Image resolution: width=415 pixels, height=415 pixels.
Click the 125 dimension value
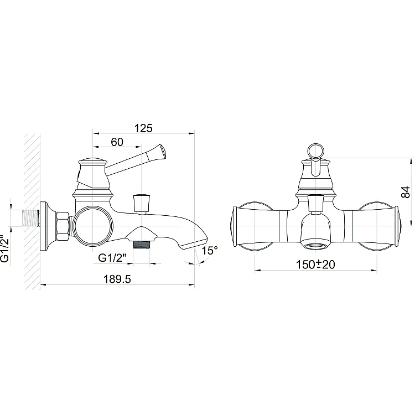[x=143, y=128]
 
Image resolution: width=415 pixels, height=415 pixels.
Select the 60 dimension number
[x=117, y=142]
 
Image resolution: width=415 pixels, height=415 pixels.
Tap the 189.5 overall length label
[x=117, y=279]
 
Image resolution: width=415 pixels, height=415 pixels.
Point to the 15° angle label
[x=210, y=250]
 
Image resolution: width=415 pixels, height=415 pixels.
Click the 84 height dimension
[x=406, y=192]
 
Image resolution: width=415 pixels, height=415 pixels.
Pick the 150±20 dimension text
[x=315, y=264]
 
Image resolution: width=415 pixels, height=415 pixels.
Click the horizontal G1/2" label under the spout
[x=112, y=257]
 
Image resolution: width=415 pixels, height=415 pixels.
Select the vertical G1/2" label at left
[x=5, y=245]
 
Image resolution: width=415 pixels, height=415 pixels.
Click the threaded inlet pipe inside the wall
[x=32, y=218]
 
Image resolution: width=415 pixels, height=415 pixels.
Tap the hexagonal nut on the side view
[x=63, y=226]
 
